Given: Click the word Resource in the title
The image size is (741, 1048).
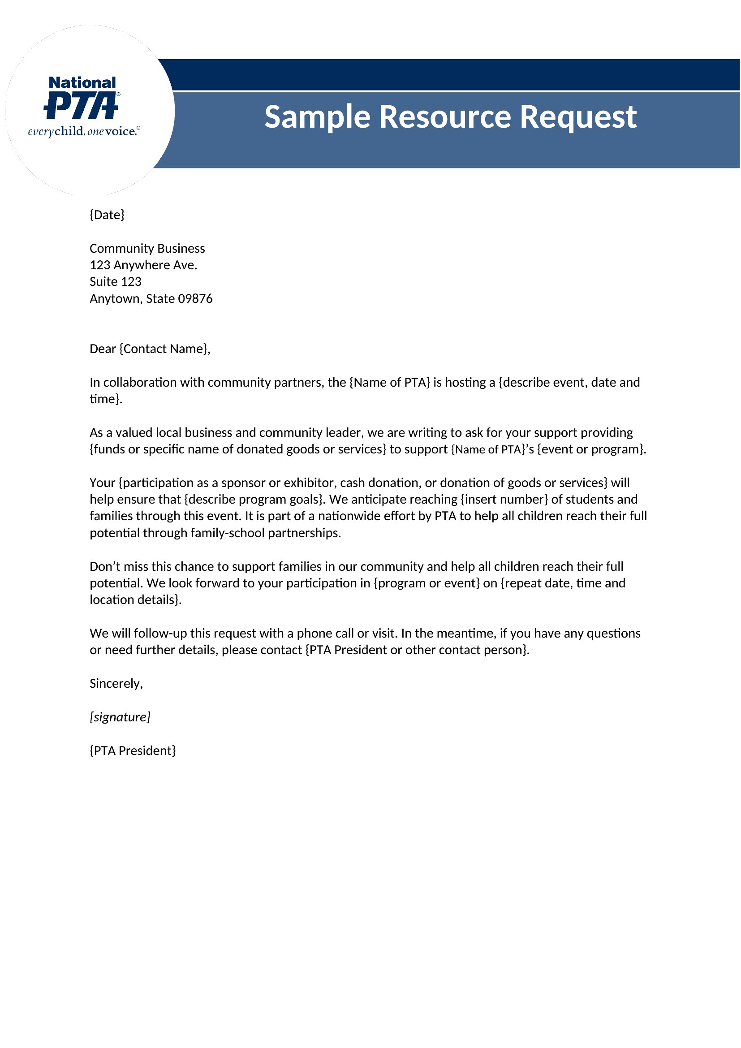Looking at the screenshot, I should pos(445,117).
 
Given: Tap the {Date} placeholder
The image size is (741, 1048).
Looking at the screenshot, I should pos(107,215).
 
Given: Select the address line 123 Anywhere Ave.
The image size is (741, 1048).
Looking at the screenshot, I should pos(143,265).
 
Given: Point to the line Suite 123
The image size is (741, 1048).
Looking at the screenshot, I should pos(116,282).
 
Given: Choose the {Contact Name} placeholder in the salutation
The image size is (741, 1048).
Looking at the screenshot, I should pos(164,349).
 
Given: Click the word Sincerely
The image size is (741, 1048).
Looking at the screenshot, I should pos(116,683).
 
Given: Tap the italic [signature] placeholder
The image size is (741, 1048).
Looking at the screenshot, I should pos(120,716).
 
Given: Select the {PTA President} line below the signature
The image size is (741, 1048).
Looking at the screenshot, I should pos(133,750).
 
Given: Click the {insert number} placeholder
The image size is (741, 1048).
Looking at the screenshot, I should pos(504,499).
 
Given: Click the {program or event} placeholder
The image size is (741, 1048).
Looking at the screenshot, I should pos(427,583).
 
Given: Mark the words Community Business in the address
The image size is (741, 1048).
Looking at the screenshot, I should pos(147,248).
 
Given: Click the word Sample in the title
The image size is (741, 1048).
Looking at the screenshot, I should pos(317,117).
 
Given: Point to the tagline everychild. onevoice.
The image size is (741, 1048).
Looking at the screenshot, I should pos(84,131).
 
